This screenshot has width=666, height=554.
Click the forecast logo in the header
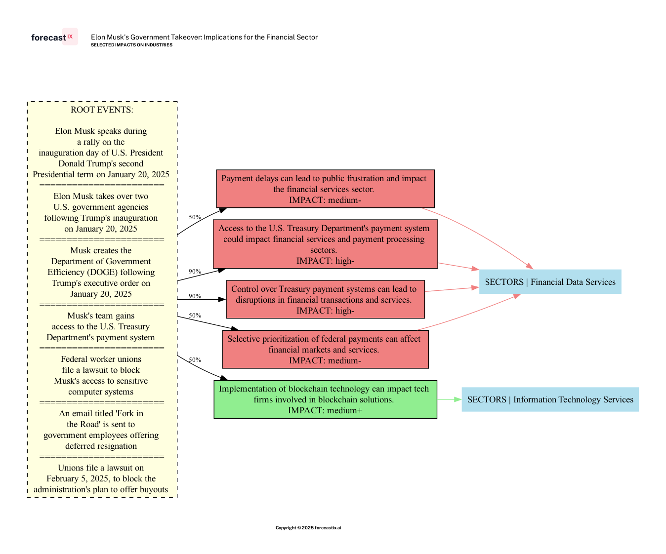(x=54, y=38)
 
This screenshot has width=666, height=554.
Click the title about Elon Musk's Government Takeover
(x=204, y=37)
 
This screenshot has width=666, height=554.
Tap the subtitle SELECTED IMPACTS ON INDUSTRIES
(x=131, y=45)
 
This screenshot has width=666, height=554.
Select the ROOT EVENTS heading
(x=102, y=110)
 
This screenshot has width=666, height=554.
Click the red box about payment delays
(x=325, y=189)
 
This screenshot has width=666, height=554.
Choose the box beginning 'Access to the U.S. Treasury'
(x=325, y=244)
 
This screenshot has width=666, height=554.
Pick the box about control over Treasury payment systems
(x=325, y=300)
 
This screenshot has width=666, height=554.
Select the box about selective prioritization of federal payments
(x=325, y=350)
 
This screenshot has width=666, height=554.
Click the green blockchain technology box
(x=325, y=399)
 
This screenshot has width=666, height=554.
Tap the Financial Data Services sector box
(x=550, y=282)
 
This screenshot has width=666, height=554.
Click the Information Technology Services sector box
(x=550, y=399)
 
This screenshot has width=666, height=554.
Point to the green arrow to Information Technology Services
(x=449, y=399)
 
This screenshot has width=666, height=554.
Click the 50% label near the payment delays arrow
(x=195, y=217)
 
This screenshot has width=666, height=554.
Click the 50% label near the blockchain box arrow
(x=195, y=360)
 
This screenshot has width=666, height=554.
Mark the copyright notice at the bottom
(x=308, y=528)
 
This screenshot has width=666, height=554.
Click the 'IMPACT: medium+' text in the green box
(x=325, y=410)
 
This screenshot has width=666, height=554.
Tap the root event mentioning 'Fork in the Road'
(x=101, y=430)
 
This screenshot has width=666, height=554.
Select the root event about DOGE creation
(x=101, y=272)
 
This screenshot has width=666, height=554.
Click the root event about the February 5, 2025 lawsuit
(x=101, y=478)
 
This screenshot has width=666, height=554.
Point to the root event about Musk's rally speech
(x=101, y=153)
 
